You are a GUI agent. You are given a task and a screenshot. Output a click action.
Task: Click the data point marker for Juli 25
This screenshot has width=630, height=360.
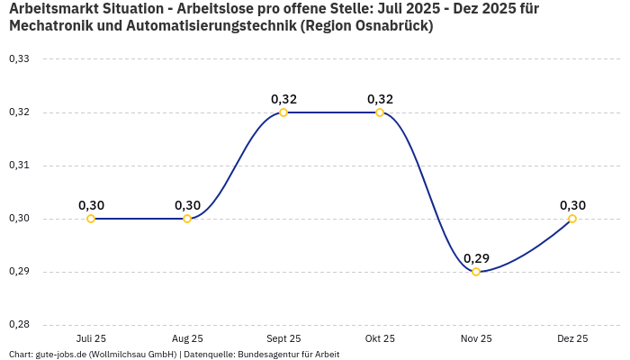pyautogui.click(x=91, y=219)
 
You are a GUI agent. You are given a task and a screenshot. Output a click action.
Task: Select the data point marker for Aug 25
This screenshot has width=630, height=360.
pyautogui.click(x=187, y=219)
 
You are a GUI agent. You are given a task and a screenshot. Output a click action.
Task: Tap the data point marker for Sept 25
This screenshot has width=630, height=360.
pyautogui.click(x=283, y=112)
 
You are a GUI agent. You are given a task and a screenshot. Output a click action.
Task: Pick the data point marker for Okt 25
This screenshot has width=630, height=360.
pyautogui.click(x=380, y=112)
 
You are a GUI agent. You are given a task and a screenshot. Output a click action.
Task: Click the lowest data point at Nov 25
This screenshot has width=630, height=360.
pyautogui.click(x=476, y=272)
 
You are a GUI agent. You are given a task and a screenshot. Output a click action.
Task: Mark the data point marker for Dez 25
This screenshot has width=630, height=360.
pyautogui.click(x=572, y=219)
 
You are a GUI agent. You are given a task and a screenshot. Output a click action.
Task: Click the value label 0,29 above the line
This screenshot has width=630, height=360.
pyautogui.click(x=476, y=258)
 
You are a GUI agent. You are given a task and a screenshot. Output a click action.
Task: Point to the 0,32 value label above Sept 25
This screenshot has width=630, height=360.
pyautogui.click(x=283, y=99)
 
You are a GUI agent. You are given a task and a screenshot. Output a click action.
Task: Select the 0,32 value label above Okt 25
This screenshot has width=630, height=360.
pyautogui.click(x=380, y=99)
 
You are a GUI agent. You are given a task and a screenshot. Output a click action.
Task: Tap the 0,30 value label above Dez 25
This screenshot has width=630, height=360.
pyautogui.click(x=572, y=205)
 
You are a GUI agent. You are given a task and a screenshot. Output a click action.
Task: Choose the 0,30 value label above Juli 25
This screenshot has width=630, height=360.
pyautogui.click(x=91, y=205)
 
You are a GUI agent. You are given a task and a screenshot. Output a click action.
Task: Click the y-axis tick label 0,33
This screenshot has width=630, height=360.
pyautogui.click(x=19, y=59)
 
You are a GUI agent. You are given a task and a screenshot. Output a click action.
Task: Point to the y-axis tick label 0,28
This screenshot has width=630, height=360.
pyautogui.click(x=19, y=325)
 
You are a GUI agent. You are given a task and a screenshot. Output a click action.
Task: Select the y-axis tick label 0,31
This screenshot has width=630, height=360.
pyautogui.click(x=19, y=166)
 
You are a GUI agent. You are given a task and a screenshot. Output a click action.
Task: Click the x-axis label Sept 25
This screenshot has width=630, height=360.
pyautogui.click(x=283, y=338)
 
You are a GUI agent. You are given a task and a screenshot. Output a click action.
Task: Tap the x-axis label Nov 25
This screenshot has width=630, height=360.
pyautogui.click(x=476, y=338)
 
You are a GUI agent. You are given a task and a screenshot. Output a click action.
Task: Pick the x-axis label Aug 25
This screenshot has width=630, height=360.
pyautogui.click(x=187, y=338)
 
